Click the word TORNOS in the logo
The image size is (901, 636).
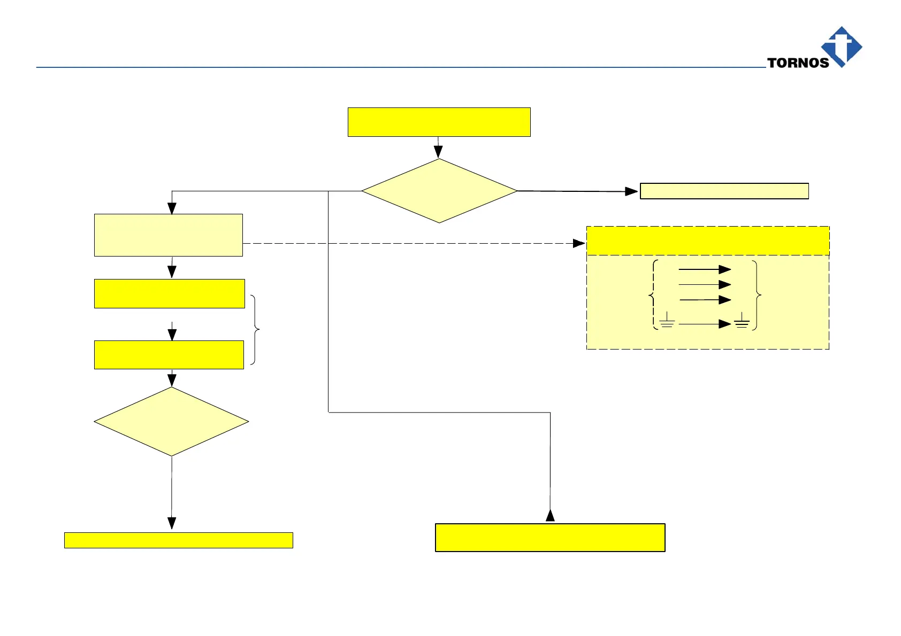(x=798, y=63)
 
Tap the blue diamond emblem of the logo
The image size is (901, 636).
(x=842, y=46)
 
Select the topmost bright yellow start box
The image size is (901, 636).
(x=439, y=122)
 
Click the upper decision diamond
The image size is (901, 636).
(x=439, y=191)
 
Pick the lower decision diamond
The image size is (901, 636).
(x=171, y=422)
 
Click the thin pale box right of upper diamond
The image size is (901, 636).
(x=724, y=191)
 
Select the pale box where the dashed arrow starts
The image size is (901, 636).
(x=169, y=235)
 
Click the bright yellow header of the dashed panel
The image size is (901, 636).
(x=708, y=241)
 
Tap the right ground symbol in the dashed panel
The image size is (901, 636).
(x=742, y=321)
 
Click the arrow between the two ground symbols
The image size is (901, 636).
(x=704, y=324)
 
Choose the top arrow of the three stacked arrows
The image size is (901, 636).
(x=704, y=269)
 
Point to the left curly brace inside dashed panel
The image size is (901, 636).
(x=653, y=294)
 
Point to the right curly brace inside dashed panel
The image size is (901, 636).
(x=757, y=294)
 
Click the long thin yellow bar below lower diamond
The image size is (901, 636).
(x=178, y=540)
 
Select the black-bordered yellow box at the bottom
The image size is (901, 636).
(x=550, y=538)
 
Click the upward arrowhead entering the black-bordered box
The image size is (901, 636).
(x=550, y=516)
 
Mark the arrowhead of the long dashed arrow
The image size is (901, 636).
(x=579, y=243)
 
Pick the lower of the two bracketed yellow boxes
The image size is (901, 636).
(x=169, y=355)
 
